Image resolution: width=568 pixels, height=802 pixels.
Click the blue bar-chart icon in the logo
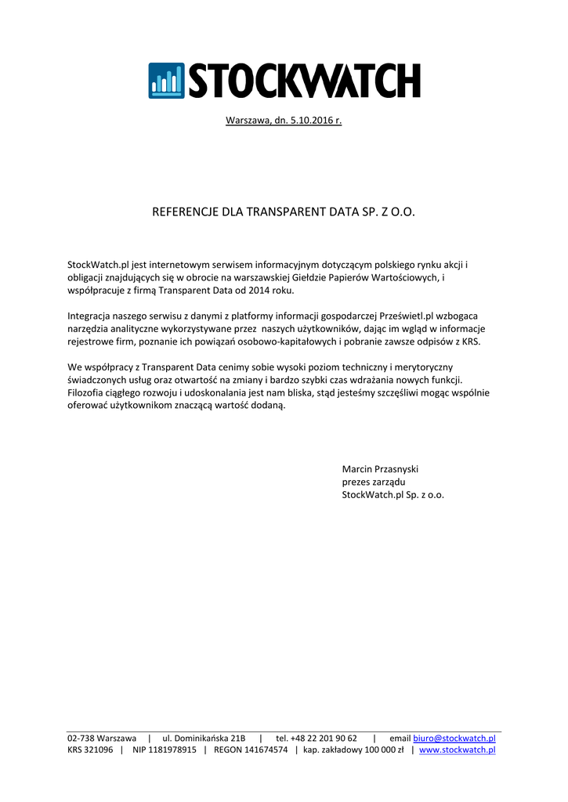point(166,81)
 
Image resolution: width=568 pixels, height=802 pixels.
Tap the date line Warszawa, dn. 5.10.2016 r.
point(284,121)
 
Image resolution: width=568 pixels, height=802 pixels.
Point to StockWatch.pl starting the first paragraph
point(95,265)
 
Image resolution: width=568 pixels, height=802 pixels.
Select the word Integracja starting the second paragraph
point(90,316)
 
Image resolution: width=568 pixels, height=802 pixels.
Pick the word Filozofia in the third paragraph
point(89,392)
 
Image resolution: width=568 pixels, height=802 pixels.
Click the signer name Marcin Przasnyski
point(380,468)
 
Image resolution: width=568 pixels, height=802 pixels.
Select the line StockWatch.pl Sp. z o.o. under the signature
point(393,495)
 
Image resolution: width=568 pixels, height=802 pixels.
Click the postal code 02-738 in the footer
point(81,738)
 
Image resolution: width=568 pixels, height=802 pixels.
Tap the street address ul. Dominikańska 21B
point(204,738)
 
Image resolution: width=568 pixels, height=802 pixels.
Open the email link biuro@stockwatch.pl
point(454,738)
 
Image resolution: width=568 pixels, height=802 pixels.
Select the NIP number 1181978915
point(165,750)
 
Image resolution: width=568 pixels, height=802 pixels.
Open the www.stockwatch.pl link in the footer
point(458,750)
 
